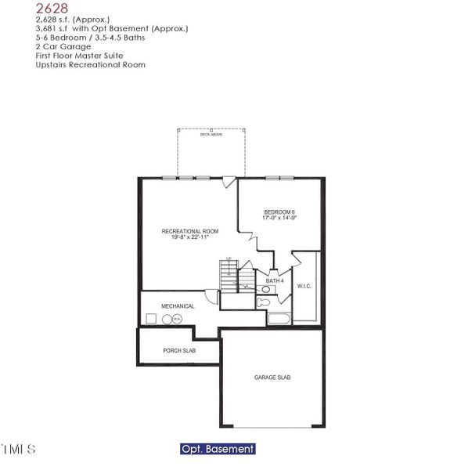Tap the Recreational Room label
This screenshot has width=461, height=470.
coord(189,231)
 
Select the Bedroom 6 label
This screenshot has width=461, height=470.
coord(279,212)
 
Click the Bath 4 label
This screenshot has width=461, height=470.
coord(274,280)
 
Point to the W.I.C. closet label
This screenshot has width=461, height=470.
coord(304,286)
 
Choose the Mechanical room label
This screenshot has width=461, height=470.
coord(178,306)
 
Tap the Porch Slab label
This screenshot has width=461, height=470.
coord(178,351)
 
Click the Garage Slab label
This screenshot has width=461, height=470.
coord(272,378)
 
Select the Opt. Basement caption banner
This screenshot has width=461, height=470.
coord(217,450)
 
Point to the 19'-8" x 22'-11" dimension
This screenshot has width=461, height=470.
coord(189,238)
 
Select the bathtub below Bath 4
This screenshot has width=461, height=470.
coord(279,318)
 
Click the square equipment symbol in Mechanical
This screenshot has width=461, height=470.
coord(151,319)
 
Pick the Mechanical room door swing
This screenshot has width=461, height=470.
coord(211,296)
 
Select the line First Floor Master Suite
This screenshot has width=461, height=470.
coord(75,56)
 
